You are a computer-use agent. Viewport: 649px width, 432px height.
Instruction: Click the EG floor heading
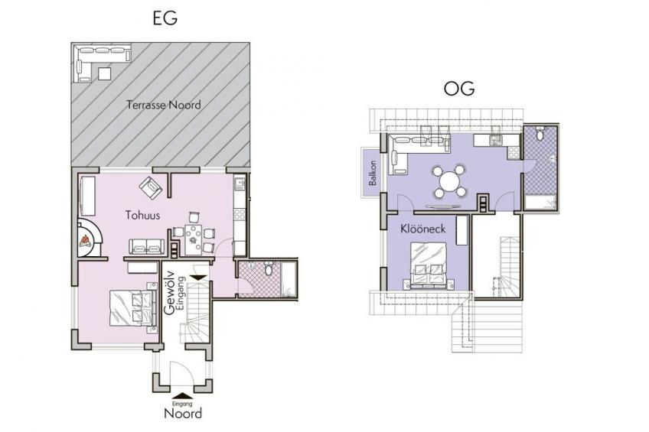click(x=165, y=18)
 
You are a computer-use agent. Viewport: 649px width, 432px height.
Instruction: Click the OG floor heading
click(x=459, y=89)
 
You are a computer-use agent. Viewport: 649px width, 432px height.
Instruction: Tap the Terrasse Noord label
click(x=164, y=105)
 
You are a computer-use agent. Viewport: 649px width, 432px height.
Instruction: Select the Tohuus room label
click(x=143, y=215)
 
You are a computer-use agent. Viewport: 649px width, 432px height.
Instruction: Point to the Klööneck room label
click(x=422, y=229)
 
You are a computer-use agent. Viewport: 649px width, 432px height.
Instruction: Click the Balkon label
click(x=373, y=173)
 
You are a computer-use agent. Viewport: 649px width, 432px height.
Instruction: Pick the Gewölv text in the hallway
click(x=168, y=293)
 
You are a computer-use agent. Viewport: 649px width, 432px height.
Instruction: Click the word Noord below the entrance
click(x=183, y=414)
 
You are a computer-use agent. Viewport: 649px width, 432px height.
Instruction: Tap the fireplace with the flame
click(x=90, y=238)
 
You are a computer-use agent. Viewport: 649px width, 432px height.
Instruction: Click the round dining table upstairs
click(x=450, y=181)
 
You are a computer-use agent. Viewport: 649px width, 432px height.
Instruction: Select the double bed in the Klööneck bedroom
click(x=429, y=265)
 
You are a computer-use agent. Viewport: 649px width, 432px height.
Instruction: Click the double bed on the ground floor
click(x=133, y=308)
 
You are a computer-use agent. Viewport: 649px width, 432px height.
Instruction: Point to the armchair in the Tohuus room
click(x=151, y=187)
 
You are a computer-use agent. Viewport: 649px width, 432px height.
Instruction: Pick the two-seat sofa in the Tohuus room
click(x=146, y=246)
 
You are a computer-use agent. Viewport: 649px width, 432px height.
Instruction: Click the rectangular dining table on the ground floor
click(x=194, y=239)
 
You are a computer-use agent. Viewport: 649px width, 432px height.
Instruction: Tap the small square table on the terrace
click(x=104, y=73)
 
